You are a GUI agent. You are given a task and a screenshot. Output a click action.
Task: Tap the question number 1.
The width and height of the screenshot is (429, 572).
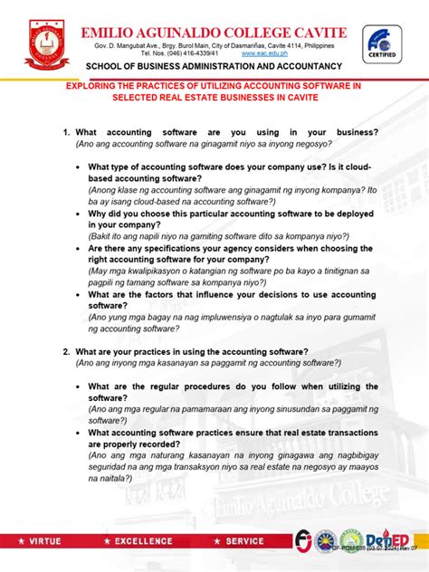pos(66,132)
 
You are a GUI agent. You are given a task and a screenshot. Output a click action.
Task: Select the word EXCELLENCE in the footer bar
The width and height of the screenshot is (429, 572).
pos(139,541)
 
